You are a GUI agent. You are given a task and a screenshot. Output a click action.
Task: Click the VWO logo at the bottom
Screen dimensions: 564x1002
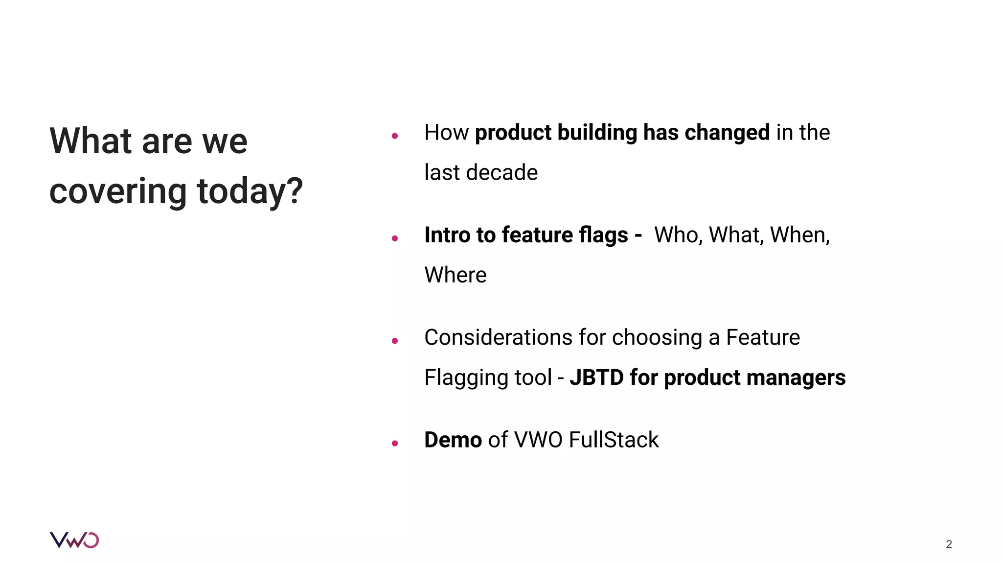74,540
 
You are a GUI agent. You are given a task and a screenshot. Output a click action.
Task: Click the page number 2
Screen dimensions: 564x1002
949,544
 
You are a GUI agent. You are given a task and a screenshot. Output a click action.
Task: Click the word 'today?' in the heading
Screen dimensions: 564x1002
250,192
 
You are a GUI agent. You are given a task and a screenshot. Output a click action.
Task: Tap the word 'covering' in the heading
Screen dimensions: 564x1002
118,192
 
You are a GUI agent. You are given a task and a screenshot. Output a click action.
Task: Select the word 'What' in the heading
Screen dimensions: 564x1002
91,141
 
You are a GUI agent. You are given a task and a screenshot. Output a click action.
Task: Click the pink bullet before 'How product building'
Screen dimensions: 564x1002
395,136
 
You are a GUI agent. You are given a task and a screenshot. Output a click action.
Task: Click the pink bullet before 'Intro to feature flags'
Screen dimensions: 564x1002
395,238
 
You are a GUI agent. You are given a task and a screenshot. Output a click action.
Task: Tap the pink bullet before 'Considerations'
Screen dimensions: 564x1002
395,341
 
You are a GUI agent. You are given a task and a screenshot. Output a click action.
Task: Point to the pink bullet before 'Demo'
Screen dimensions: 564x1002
395,444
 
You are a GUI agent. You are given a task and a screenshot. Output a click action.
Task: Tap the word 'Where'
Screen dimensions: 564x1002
455,275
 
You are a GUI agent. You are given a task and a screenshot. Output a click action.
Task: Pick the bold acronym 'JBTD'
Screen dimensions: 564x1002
596,378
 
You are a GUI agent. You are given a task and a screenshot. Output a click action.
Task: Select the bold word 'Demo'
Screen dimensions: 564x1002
453,440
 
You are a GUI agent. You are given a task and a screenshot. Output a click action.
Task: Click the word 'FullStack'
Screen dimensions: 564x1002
614,440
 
